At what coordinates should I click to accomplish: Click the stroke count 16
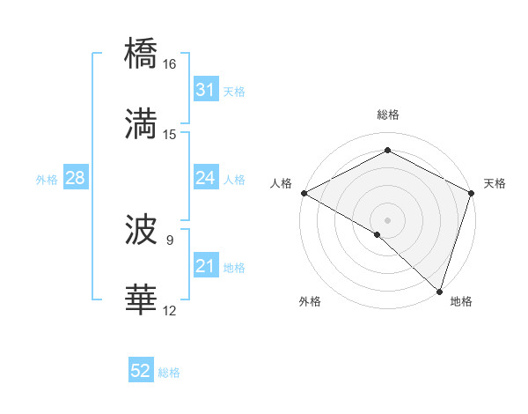(169, 64)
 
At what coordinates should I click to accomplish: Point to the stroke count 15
(170, 134)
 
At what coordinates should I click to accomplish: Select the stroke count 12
(169, 310)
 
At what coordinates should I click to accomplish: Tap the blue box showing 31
(205, 90)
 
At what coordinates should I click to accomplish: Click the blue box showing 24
(205, 178)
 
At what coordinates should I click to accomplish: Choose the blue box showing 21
(205, 266)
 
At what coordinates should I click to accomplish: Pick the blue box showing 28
(75, 178)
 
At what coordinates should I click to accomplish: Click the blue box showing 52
(141, 372)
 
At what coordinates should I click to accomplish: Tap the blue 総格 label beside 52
(169, 373)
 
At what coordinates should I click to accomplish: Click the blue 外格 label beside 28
(47, 179)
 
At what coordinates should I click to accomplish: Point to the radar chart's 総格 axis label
(387, 115)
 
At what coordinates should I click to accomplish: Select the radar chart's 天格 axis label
(495, 183)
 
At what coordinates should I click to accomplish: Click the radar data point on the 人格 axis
(303, 193)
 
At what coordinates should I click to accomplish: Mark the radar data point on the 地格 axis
(439, 291)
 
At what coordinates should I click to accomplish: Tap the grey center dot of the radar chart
(387, 219)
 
